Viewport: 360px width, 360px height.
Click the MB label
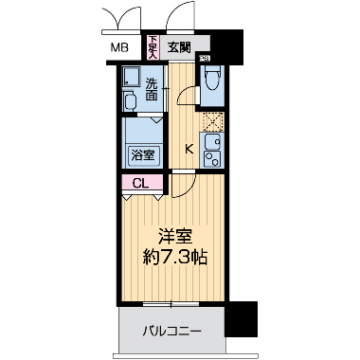pyautogui.click(x=119, y=46)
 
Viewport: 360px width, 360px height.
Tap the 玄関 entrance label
pyautogui.click(x=179, y=45)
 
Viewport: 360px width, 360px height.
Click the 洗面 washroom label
pyautogui.click(x=152, y=89)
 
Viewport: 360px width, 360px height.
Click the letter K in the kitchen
pyautogui.click(x=189, y=147)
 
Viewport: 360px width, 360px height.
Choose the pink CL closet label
pyautogui.click(x=139, y=183)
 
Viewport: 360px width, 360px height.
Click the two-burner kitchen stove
pyautogui.click(x=213, y=163)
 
